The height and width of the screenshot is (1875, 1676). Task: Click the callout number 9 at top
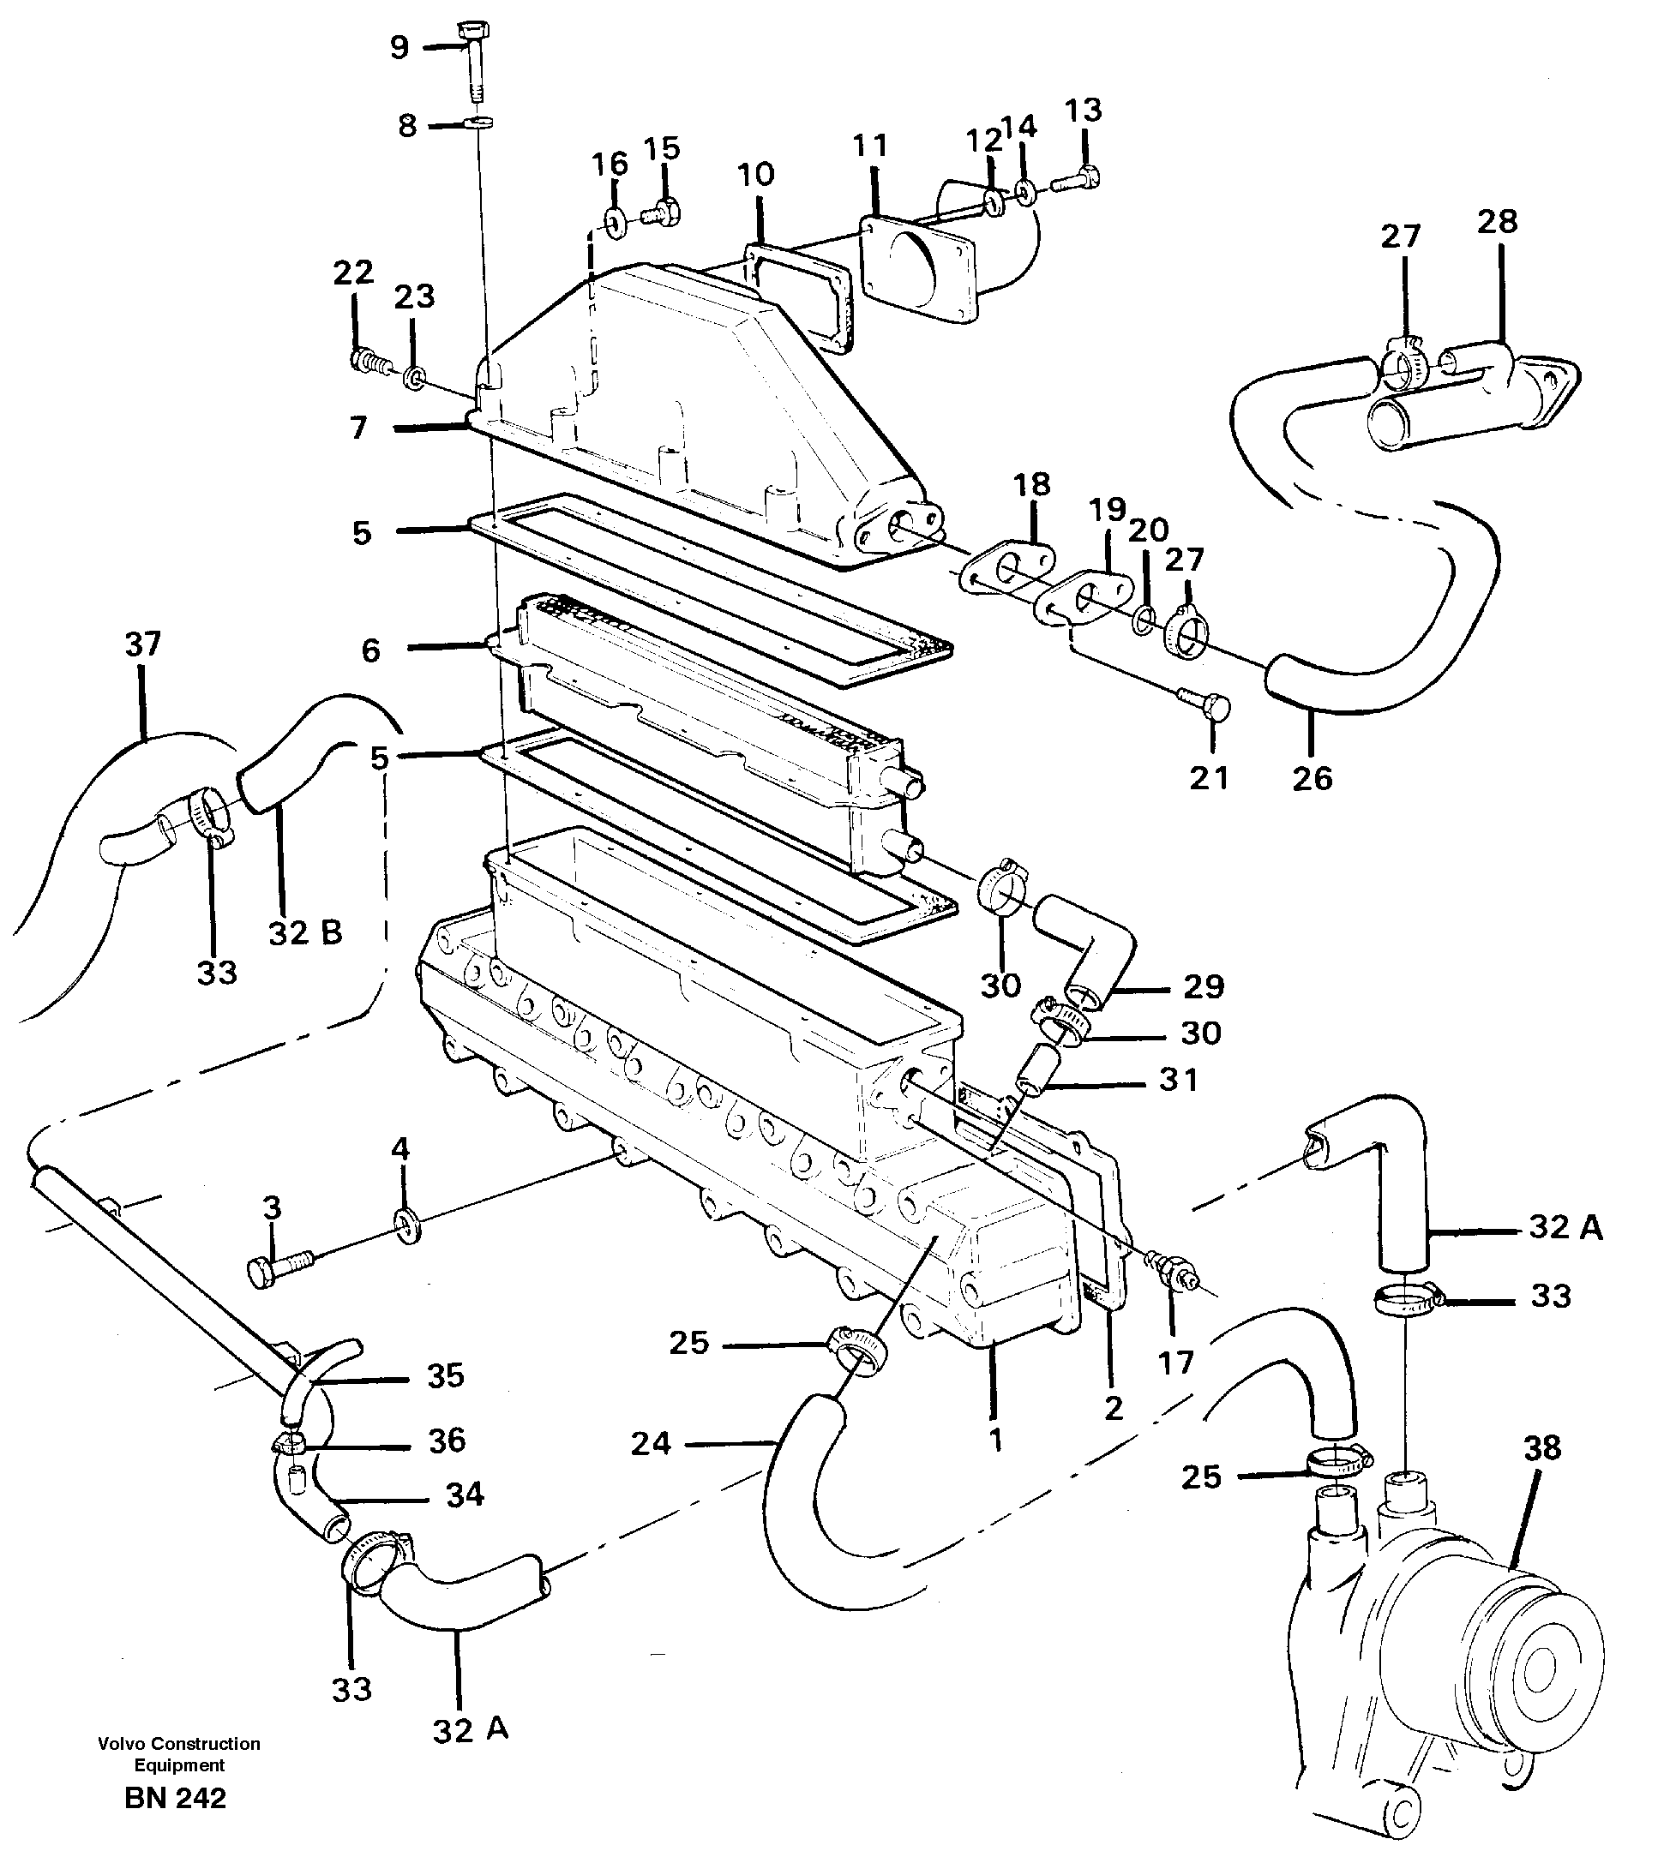point(399,48)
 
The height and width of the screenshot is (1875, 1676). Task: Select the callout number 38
point(1542,1448)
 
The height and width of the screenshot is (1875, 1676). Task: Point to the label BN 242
point(175,1799)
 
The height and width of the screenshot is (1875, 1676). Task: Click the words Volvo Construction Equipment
point(179,1754)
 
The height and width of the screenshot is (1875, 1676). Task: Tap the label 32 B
point(305,933)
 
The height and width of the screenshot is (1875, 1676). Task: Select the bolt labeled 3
point(276,1267)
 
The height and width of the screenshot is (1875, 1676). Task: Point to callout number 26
point(1313,779)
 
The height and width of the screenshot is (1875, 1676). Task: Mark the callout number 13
point(1083,111)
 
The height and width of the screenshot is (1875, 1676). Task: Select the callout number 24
point(650,1443)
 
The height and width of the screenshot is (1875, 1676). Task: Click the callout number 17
point(1175,1362)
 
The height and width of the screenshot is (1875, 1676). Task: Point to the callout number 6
point(370,650)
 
